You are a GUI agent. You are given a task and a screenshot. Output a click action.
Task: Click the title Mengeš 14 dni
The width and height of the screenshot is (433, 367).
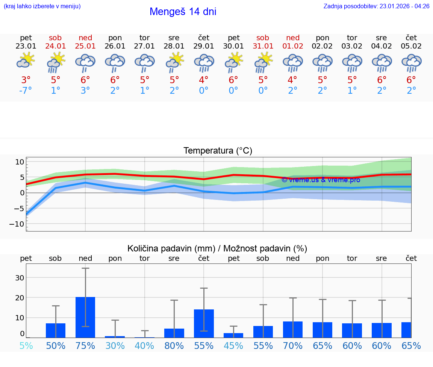[x=183, y=12]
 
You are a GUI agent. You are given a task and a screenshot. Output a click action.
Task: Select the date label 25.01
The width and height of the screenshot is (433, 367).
[x=85, y=46]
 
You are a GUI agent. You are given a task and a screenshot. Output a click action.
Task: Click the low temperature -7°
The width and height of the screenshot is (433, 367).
[x=26, y=91]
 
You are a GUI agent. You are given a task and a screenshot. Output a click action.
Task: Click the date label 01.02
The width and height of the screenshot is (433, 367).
[x=293, y=46]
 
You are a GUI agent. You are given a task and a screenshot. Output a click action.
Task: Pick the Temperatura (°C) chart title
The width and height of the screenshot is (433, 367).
[x=218, y=151]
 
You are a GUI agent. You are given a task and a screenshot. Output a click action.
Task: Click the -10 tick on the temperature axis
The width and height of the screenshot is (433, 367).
[x=20, y=224]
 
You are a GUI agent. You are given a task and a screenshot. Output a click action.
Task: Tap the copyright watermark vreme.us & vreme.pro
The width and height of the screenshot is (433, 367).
[x=321, y=180]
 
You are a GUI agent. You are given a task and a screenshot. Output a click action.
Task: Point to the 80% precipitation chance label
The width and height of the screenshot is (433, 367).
[x=174, y=346]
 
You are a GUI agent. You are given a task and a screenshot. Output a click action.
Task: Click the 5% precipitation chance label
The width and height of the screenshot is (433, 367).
[x=26, y=346]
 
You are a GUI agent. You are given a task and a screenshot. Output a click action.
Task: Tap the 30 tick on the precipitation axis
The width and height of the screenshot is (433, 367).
[x=20, y=278]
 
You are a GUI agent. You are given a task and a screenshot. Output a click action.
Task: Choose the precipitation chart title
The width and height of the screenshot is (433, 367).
[x=217, y=248]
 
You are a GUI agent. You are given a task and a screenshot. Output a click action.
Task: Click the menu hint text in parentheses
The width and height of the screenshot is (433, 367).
[x=42, y=6]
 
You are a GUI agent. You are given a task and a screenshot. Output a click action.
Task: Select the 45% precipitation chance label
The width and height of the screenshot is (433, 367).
[x=233, y=346]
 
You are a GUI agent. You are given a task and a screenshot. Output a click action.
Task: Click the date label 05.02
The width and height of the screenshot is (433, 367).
[x=411, y=46]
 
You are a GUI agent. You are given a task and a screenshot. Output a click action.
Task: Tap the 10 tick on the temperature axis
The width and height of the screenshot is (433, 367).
[x=20, y=162]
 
